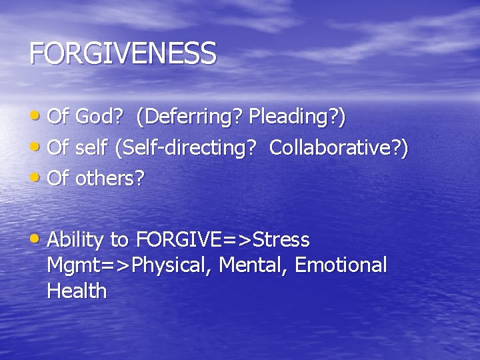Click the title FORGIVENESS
[123, 53]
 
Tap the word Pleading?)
[297, 117]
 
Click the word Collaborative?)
[339, 148]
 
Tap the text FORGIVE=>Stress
[223, 239]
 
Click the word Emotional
[341, 265]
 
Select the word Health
[77, 291]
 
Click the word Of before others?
[59, 179]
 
